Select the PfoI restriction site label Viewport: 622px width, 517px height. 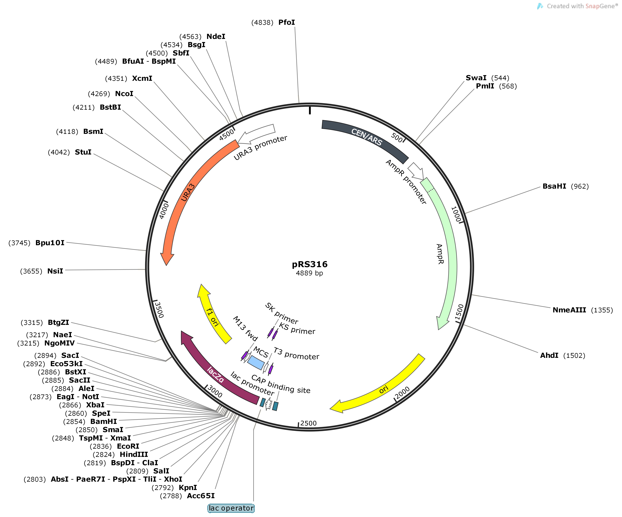click(286, 22)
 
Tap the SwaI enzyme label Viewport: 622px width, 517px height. click(476, 78)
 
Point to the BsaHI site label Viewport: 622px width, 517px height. click(554, 186)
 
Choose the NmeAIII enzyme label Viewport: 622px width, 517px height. click(569, 310)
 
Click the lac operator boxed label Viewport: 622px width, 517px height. click(231, 508)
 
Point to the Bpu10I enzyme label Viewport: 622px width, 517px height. click(50, 243)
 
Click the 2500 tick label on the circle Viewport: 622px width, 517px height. click(308, 423)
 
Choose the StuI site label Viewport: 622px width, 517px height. click(83, 152)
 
